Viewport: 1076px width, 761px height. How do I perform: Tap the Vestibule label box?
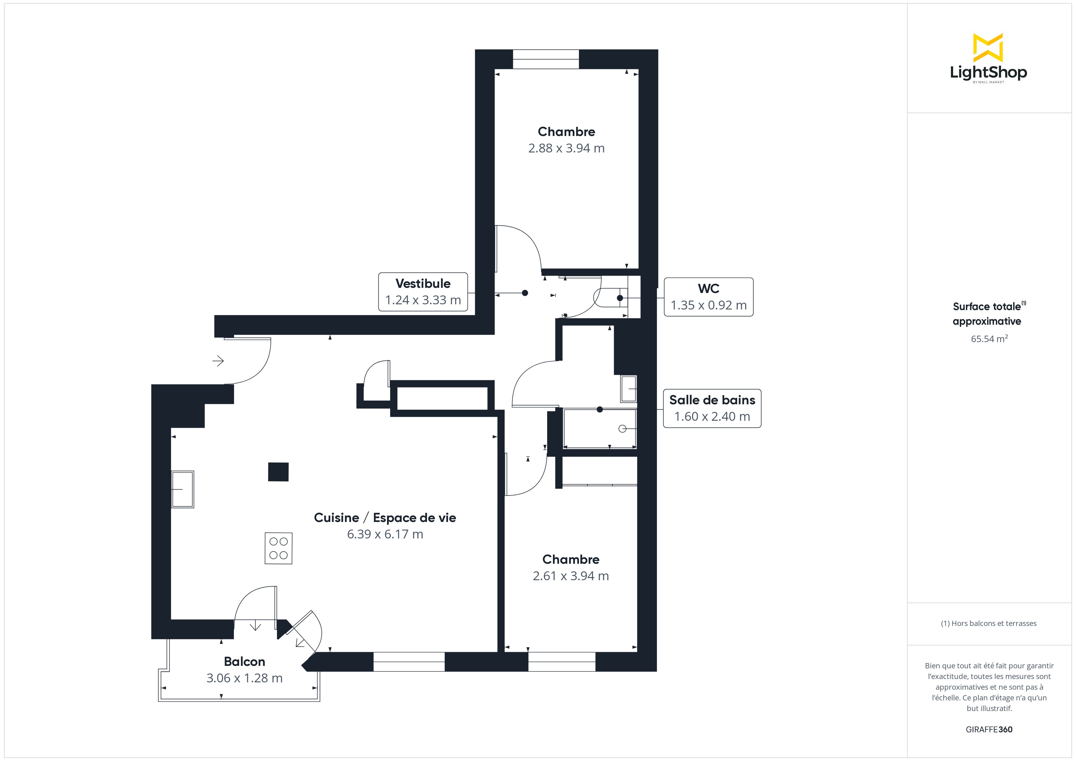(423, 292)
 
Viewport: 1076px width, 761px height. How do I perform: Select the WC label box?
(708, 297)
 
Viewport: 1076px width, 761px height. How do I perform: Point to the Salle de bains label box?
(712, 409)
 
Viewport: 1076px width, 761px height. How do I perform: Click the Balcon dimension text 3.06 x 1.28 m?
(244, 678)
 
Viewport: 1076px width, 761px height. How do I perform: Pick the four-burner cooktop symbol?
(278, 548)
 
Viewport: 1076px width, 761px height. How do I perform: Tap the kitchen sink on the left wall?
(183, 489)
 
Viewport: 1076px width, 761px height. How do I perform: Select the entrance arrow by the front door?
(218, 361)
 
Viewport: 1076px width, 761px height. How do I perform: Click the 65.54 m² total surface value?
(989, 339)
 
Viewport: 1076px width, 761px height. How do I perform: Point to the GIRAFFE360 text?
(989, 730)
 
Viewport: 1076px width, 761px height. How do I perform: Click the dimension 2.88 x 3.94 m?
(566, 148)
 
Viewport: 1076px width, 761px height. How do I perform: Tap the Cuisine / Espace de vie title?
(385, 518)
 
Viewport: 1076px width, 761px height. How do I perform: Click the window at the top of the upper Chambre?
(546, 59)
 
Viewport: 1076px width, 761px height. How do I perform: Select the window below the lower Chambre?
(561, 662)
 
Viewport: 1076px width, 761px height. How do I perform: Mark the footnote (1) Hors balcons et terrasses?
(988, 623)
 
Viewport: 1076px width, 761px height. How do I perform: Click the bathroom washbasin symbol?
(629, 389)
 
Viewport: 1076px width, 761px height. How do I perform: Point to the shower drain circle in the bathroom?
(622, 429)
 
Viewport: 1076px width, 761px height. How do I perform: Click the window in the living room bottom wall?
(409, 662)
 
